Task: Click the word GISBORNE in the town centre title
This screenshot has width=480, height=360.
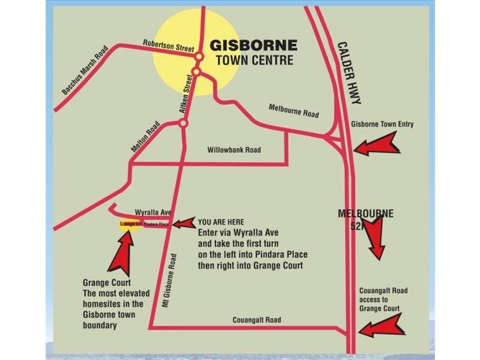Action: [x=253, y=46]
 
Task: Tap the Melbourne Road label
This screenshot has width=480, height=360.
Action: [x=293, y=110]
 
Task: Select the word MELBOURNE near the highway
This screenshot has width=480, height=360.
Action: [x=365, y=214]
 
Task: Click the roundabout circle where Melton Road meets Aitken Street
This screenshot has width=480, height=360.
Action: [x=184, y=124]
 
